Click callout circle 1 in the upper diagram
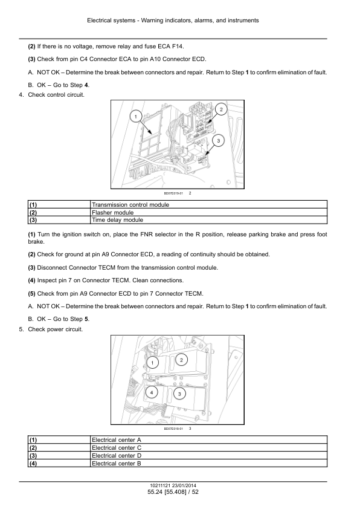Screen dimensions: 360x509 click(x=136, y=117)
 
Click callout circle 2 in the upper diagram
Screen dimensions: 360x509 click(x=221, y=109)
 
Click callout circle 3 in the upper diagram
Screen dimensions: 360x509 click(x=218, y=141)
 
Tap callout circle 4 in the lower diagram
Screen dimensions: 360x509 click(x=152, y=392)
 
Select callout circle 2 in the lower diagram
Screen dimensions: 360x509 click(x=181, y=360)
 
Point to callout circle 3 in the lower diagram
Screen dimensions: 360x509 click(x=179, y=394)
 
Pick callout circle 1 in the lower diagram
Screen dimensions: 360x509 click(x=152, y=363)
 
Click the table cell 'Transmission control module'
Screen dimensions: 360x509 click(x=208, y=204)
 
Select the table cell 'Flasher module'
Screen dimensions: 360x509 click(x=208, y=212)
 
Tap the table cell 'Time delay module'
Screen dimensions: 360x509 click(x=208, y=220)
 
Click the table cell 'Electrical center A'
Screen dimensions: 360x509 click(x=208, y=440)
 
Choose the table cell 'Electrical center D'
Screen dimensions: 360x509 click(x=208, y=455)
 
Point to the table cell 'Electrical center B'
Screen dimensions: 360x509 click(x=208, y=463)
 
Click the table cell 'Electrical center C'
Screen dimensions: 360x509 click(x=208, y=448)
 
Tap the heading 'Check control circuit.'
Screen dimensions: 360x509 click(x=56, y=95)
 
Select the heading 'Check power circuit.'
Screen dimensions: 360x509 click(x=56, y=329)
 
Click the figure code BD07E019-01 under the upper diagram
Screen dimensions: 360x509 click(x=173, y=193)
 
